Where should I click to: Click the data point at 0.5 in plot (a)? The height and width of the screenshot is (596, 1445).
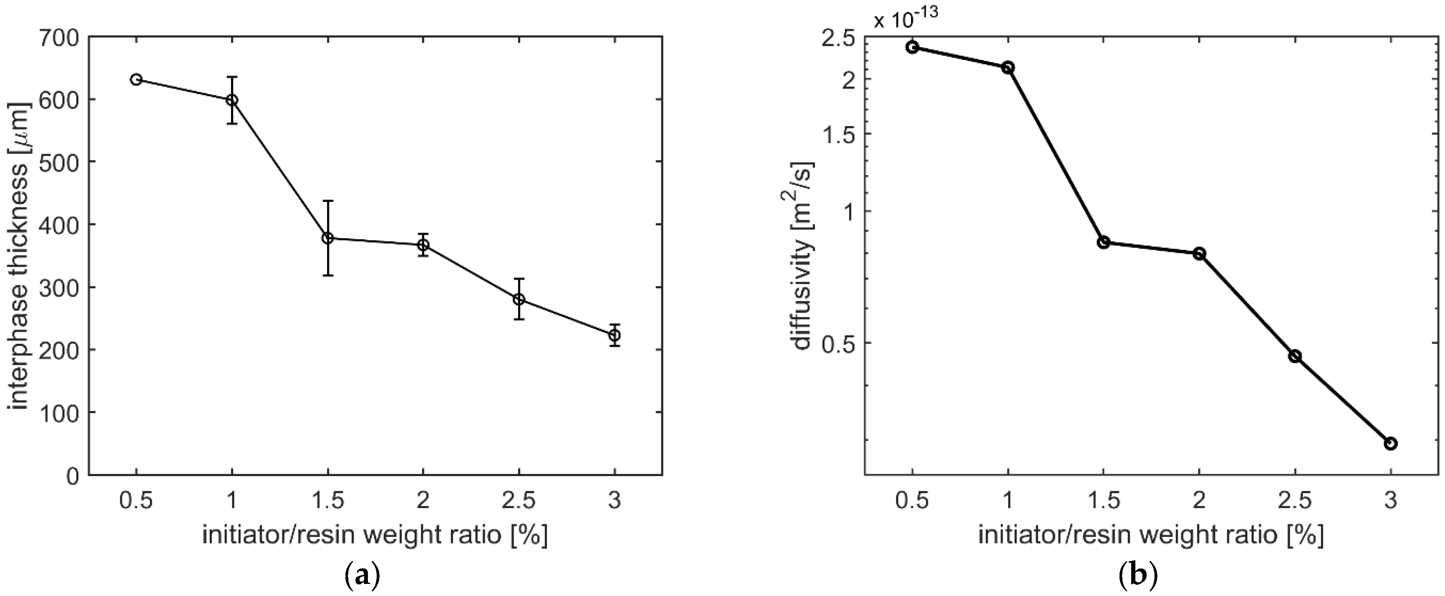136,79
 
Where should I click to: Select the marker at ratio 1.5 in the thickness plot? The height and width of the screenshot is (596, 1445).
328,238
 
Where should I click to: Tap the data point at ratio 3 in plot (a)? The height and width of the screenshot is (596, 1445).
615,335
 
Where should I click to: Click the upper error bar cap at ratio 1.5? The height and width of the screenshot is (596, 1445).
328,201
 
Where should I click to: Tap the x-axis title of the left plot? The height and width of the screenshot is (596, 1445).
375,535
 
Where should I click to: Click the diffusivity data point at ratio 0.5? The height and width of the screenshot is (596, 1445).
912,47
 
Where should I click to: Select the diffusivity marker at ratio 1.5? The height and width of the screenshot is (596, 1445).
1103,243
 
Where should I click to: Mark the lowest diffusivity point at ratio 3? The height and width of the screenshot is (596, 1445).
1390,443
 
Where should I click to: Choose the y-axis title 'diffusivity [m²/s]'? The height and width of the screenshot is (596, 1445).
803,256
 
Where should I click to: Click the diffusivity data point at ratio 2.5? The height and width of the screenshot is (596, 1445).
1295,356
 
